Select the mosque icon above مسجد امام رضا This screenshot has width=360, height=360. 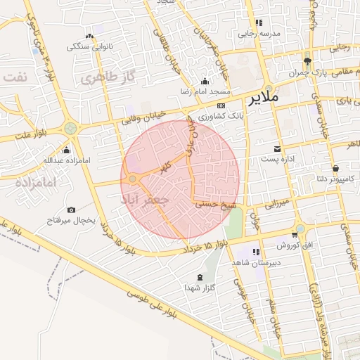(x=205, y=81)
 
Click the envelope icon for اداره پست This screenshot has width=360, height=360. (x=278, y=148)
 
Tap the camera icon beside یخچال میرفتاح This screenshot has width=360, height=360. (x=71, y=210)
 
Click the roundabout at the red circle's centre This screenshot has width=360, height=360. (x=133, y=180)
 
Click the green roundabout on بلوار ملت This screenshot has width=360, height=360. (x=70, y=128)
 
